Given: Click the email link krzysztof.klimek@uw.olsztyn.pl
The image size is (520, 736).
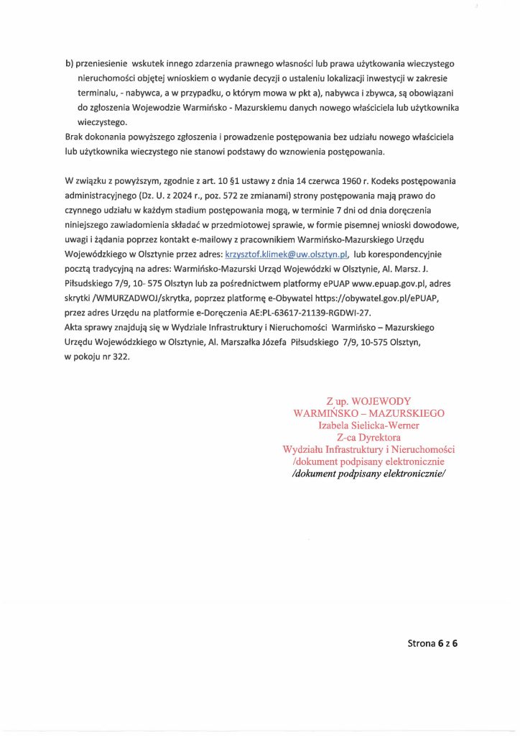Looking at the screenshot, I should pos(287,254).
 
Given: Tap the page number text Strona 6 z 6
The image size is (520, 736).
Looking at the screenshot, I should pos(432,644).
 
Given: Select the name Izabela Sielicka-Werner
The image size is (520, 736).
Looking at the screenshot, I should pos(368,425).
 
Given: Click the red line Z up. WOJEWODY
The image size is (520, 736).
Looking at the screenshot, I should pos(368,400).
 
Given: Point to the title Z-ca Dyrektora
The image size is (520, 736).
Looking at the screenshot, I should pos(368,437).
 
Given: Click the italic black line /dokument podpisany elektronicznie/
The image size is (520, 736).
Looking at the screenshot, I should pos(368,474).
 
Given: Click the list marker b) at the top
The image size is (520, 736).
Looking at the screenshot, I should pos(69,63).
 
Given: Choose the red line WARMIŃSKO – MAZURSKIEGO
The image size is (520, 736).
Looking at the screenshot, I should pos(368,413).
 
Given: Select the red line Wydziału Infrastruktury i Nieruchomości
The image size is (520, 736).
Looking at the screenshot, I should pos(368,449).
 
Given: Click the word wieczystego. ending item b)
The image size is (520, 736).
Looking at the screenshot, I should pos(101,123).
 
